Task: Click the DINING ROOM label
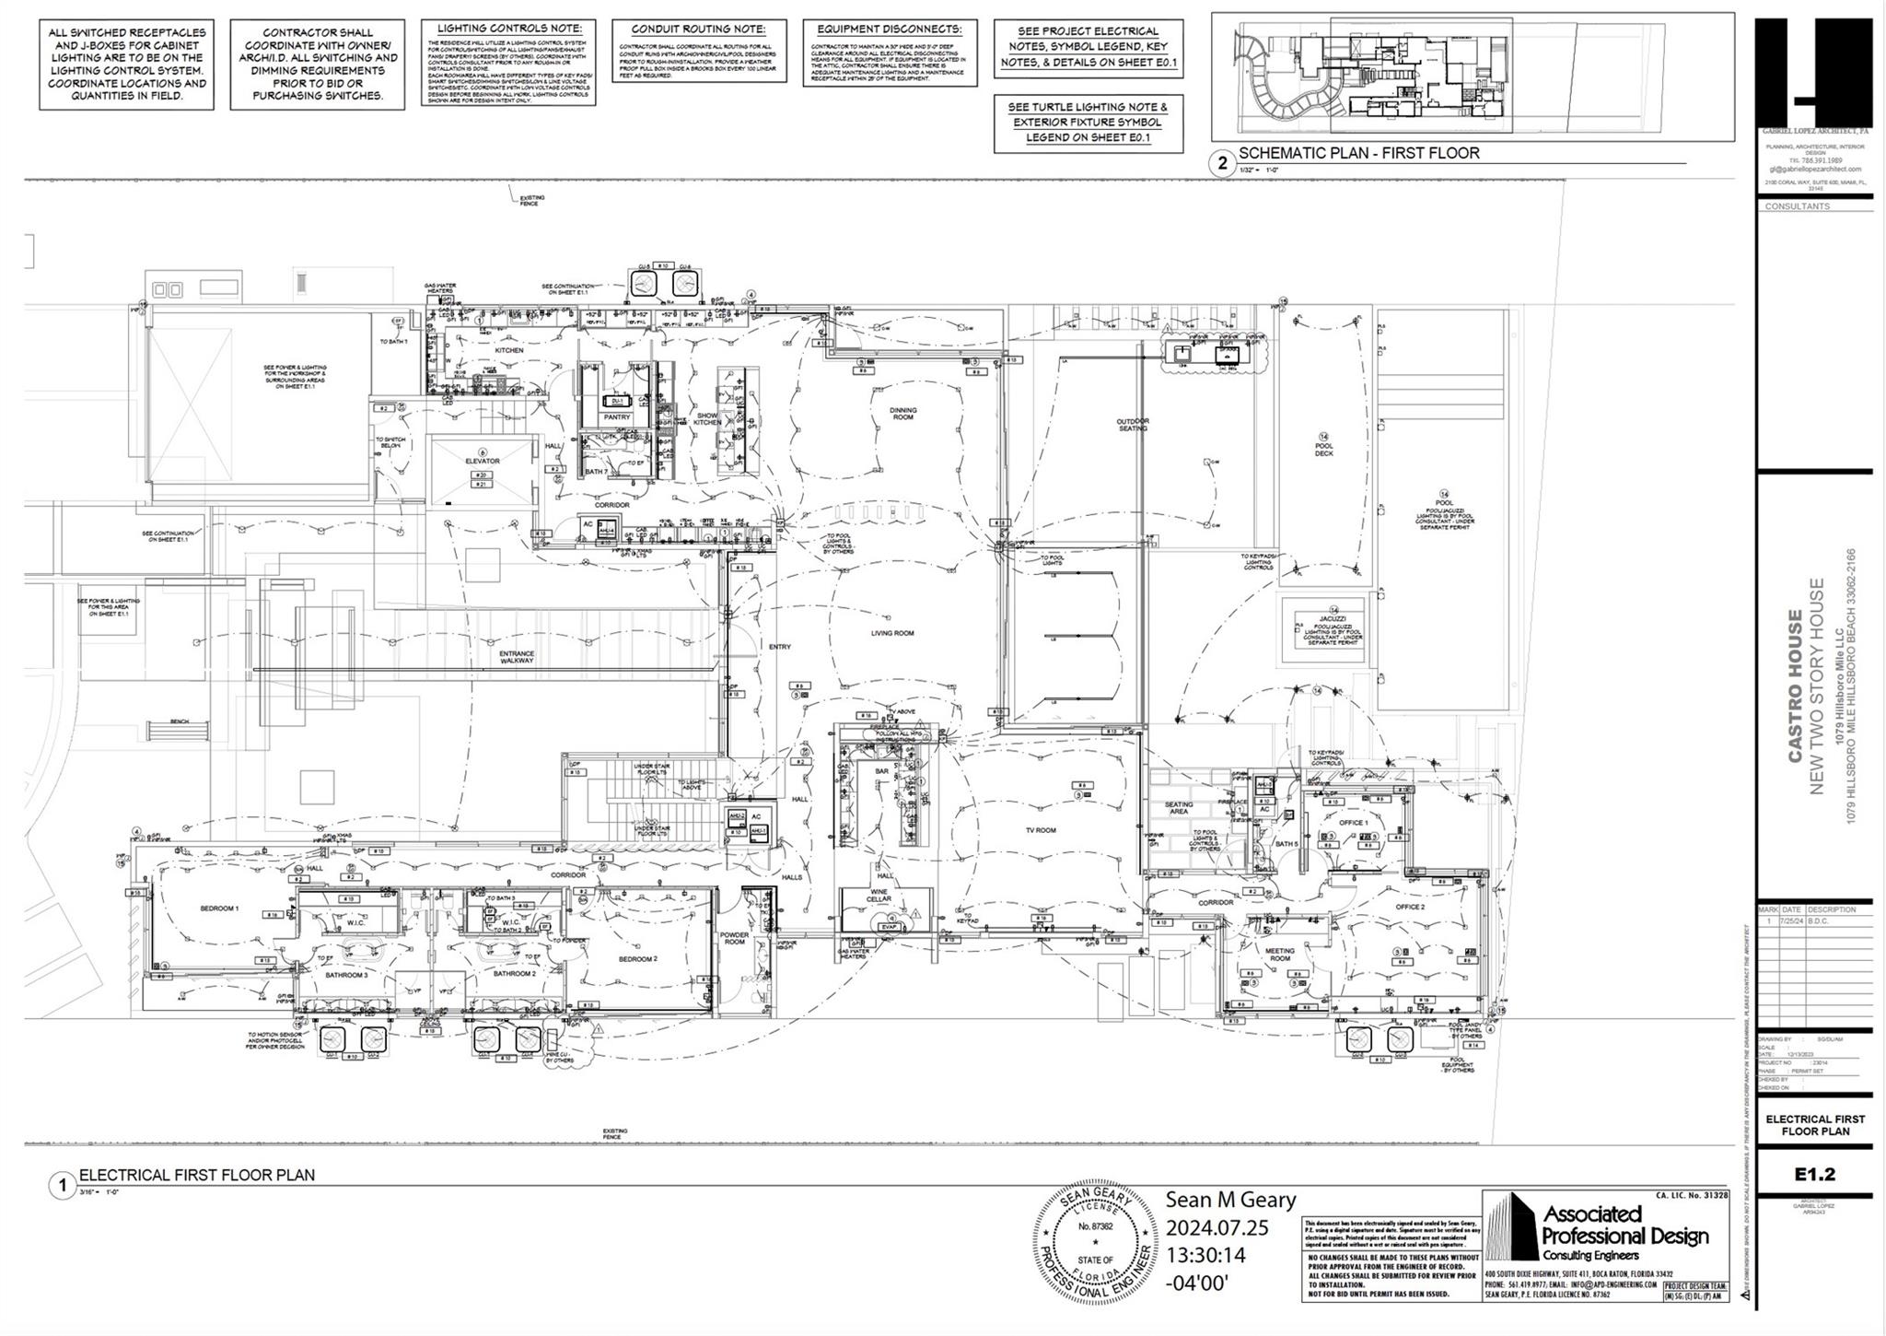point(902,414)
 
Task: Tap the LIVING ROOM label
point(891,633)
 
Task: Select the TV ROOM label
point(1041,830)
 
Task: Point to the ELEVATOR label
point(482,461)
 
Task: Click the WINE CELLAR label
point(879,895)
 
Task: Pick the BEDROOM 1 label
point(219,908)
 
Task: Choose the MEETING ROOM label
point(1279,955)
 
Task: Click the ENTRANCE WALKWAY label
point(517,657)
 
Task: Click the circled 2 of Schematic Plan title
point(1222,164)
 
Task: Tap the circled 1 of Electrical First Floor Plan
point(63,1186)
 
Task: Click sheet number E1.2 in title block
point(1814,1174)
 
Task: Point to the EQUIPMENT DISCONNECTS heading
point(889,29)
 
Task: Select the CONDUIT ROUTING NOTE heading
point(698,29)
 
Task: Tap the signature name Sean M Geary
point(1230,1200)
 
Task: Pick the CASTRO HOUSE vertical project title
point(1795,686)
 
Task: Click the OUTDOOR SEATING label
point(1133,425)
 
